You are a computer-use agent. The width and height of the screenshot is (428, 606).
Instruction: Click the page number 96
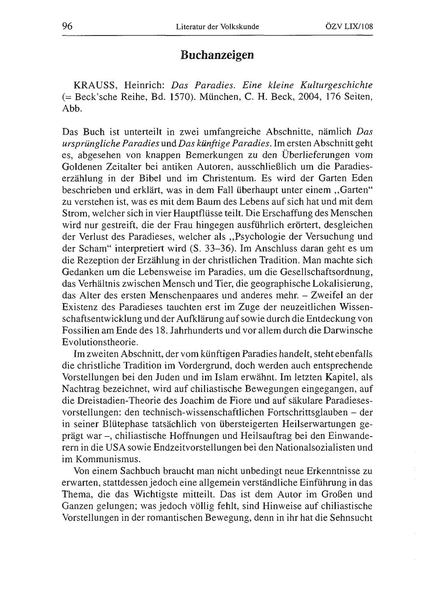67,26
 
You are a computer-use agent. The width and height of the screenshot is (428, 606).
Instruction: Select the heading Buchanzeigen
217,55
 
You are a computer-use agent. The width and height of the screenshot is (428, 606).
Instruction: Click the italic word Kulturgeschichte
336,86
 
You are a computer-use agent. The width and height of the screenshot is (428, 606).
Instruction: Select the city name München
221,97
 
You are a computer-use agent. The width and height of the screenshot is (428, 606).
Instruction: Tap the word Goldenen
80,166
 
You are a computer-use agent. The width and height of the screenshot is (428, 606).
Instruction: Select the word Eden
362,178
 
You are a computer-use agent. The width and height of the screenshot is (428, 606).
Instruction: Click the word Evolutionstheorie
101,342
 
